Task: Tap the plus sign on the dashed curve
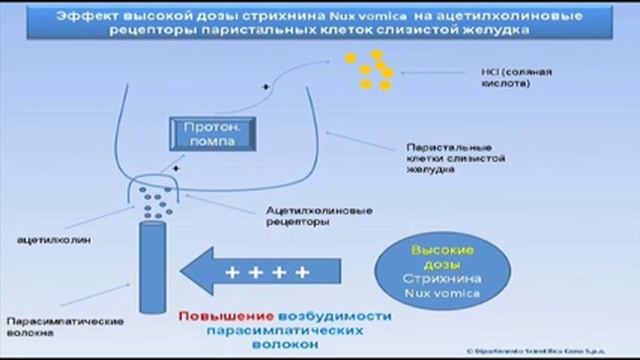266,89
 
